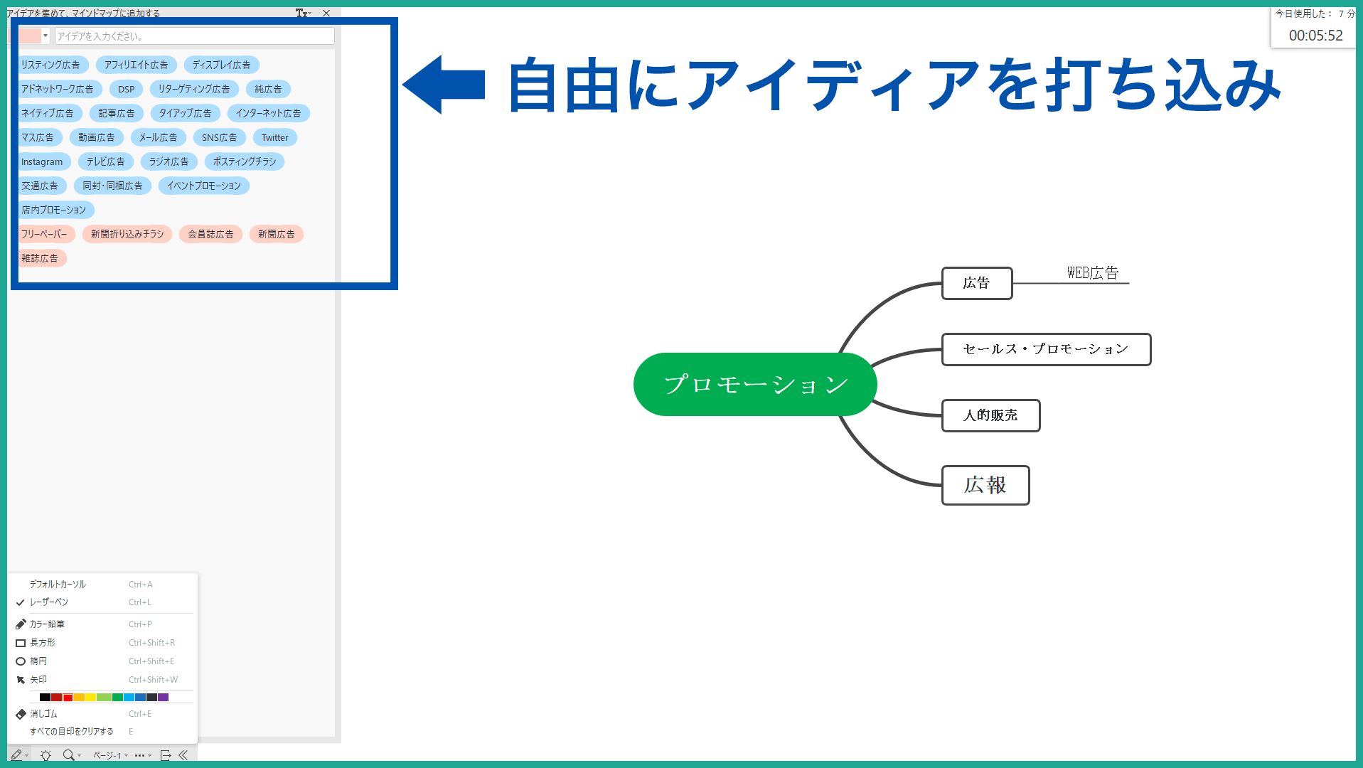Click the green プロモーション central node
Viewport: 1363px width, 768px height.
pos(754,385)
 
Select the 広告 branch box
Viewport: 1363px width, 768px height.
pos(976,283)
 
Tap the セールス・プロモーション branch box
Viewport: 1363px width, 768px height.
pos(1045,349)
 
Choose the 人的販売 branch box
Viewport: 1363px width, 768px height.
pos(990,415)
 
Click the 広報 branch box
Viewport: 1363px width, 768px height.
pos(985,485)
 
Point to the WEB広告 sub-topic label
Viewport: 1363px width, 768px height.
pos(1092,273)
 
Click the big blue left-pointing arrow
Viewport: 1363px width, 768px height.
pos(444,85)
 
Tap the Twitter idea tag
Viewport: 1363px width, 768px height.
pos(274,138)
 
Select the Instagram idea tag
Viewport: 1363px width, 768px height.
pos(42,162)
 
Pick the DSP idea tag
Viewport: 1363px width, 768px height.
pos(126,90)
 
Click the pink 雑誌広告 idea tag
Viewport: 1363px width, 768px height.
pos(40,259)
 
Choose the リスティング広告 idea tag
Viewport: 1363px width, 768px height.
pos(50,65)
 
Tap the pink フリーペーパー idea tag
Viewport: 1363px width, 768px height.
pos(44,235)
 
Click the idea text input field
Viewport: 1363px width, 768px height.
pos(194,36)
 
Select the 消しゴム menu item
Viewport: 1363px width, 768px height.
pos(43,714)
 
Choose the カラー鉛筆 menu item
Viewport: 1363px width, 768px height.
pos(47,624)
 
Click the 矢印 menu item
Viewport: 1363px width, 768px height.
pos(38,680)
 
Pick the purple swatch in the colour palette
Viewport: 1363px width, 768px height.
pos(164,698)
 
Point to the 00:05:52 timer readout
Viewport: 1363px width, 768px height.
pos(1315,36)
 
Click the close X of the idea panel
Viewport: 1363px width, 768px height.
pos(326,14)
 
